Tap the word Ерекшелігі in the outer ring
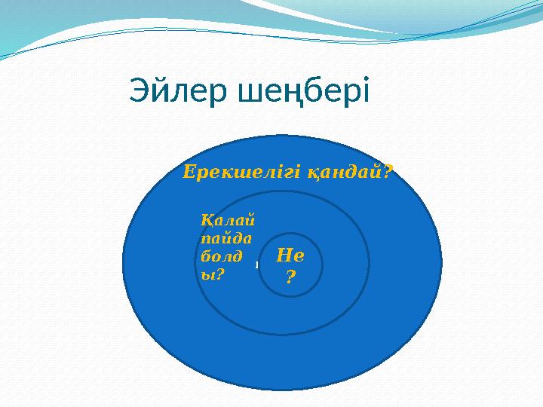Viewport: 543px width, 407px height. (242, 173)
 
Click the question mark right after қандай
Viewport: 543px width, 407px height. (389, 172)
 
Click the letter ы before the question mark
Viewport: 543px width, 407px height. (207, 274)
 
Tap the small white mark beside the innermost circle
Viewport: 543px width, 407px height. (256, 265)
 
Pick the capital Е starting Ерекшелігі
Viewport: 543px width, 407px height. (190, 173)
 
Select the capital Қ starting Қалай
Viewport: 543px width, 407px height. (207, 220)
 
